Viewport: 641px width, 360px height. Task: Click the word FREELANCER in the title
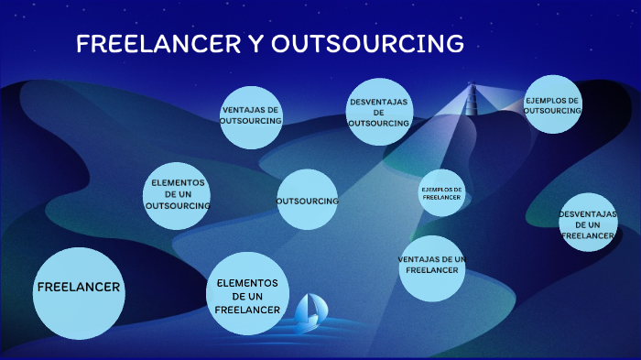pos(158,43)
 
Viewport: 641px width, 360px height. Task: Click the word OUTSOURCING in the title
pos(367,43)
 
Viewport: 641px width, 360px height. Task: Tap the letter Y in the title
pos(255,43)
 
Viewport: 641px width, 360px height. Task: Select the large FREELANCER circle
pos(79,293)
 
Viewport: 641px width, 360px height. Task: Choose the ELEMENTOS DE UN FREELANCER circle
pos(248,293)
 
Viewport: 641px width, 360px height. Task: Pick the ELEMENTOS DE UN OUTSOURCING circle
pos(177,196)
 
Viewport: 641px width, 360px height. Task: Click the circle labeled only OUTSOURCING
pos(308,199)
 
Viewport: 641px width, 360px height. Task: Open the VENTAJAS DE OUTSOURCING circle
pos(251,117)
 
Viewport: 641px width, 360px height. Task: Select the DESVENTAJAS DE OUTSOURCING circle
pos(379,112)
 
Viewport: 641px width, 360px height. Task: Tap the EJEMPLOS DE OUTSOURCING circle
pos(553,104)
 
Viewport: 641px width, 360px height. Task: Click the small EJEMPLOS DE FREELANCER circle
pos(442,192)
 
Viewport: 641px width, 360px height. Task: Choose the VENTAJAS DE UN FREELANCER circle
pos(432,268)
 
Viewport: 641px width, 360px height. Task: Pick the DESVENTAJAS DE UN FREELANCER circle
pos(588,222)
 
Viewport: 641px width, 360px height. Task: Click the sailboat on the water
pos(310,311)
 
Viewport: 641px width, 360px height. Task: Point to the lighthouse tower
pos(472,99)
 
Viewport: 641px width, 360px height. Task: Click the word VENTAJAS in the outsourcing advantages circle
pos(239,110)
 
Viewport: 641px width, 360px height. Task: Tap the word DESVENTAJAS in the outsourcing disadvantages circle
pos(379,102)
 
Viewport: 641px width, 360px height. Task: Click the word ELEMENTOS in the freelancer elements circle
pos(247,283)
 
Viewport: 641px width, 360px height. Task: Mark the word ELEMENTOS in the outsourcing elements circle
pos(179,183)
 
